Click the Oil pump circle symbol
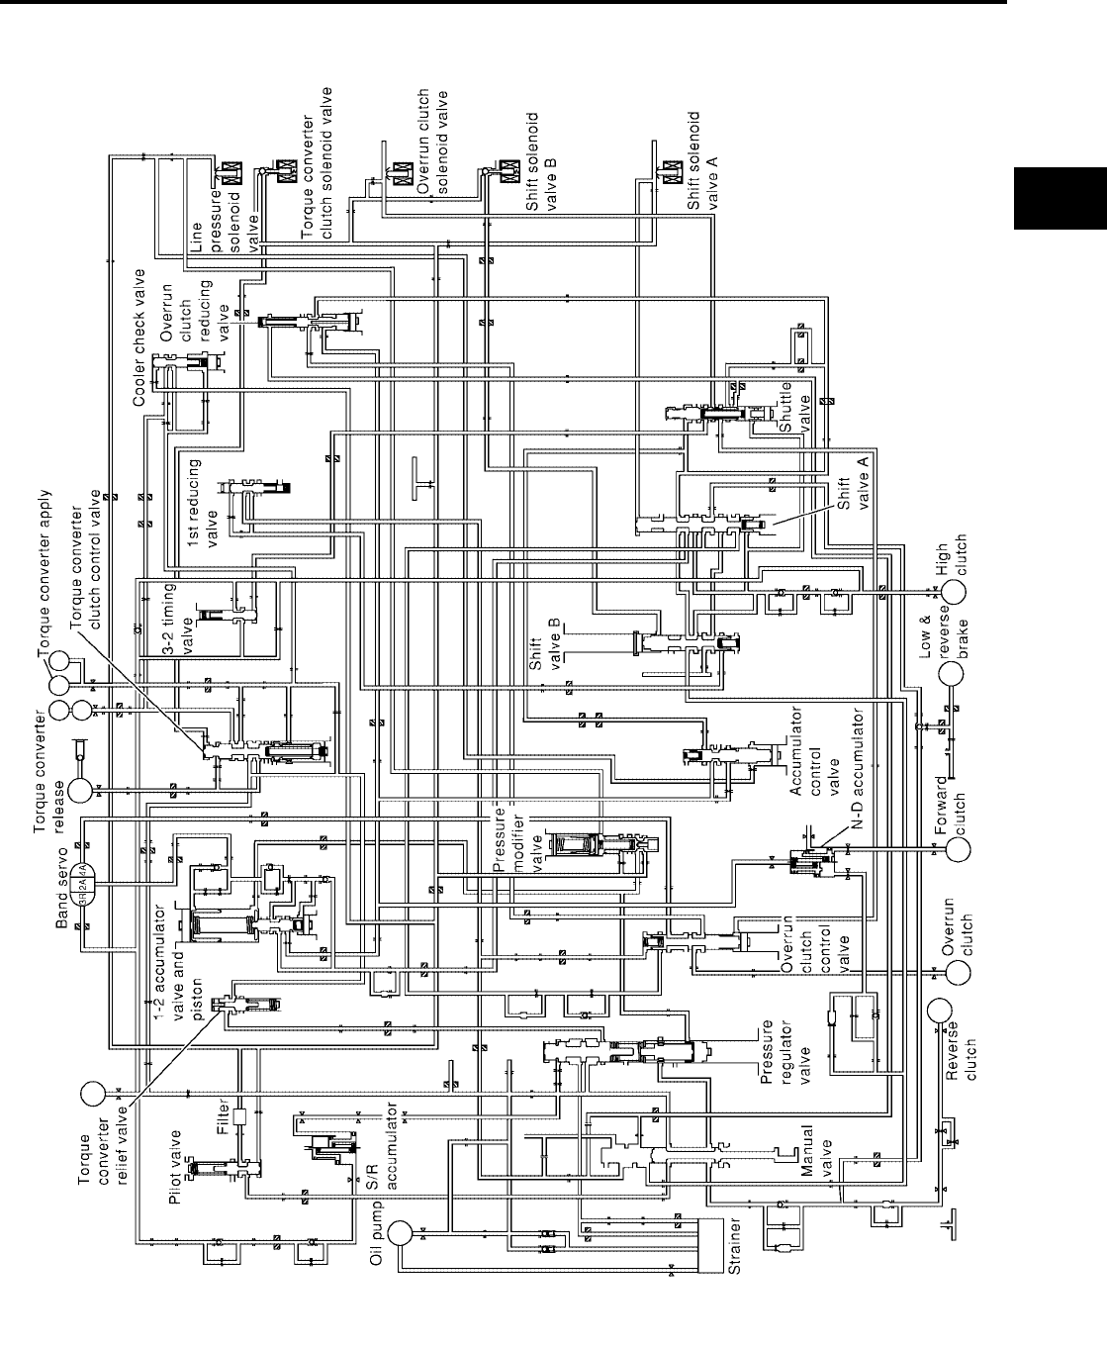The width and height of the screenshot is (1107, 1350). pyautogui.click(x=400, y=1232)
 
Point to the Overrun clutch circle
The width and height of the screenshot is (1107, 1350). pyautogui.click(x=957, y=972)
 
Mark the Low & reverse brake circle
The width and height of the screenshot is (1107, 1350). pyautogui.click(x=953, y=673)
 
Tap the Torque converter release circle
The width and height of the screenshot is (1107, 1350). pyautogui.click(x=80, y=790)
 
